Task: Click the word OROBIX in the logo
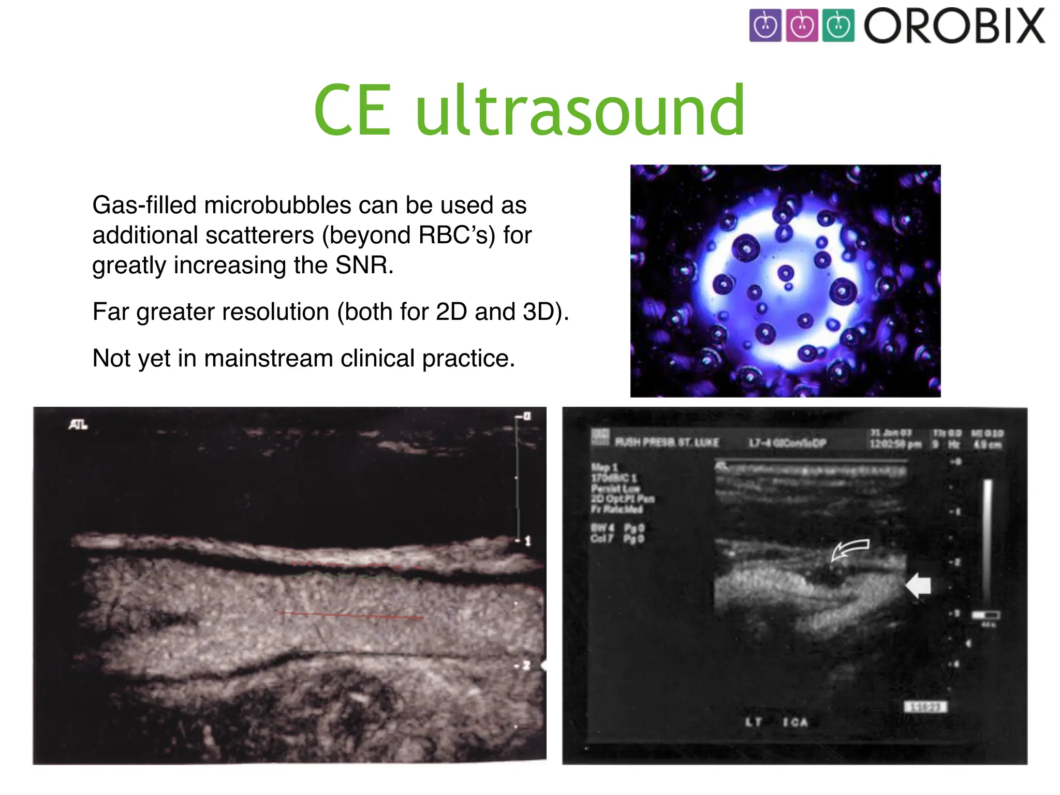tap(954, 26)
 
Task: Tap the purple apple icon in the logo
tap(765, 25)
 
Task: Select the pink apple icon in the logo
tap(802, 25)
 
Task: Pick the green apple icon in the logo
tap(838, 25)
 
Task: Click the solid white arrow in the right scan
tap(919, 586)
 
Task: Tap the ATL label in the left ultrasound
tap(78, 425)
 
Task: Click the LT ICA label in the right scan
tap(776, 722)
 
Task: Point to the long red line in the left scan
tap(352, 615)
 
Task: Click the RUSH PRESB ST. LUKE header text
tap(667, 443)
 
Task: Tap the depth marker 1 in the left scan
tap(527, 541)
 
